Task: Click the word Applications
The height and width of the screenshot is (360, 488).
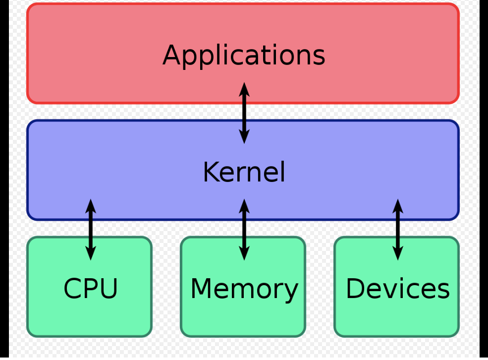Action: point(244,55)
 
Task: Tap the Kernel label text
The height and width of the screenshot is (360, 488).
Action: point(244,173)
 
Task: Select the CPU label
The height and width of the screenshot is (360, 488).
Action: point(91,289)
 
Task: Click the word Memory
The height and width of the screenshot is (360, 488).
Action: point(244,289)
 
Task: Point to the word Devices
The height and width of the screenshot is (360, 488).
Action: point(397,289)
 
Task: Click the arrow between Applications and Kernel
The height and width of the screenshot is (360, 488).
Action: point(244,113)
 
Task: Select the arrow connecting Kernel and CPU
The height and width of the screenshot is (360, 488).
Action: point(91,229)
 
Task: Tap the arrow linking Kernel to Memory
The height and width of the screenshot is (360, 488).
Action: point(244,229)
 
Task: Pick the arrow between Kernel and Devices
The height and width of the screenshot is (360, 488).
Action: point(397,229)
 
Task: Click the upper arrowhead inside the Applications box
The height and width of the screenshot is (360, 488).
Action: point(244,89)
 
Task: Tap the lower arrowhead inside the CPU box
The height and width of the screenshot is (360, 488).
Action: point(91,253)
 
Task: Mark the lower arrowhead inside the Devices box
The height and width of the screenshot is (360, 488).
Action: point(397,253)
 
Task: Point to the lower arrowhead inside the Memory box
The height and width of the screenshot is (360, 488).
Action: point(244,253)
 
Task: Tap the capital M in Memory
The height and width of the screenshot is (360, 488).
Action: point(202,289)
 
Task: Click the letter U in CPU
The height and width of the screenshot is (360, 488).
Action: point(108,289)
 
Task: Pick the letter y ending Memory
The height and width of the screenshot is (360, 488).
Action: point(291,293)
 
